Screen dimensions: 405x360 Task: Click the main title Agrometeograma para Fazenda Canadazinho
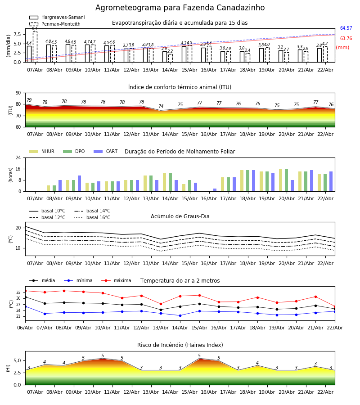coord(180,8)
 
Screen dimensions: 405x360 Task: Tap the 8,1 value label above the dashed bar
coord(35,29)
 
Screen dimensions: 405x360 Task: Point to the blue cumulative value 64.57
coord(346,28)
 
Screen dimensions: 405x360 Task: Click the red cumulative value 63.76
coord(346,39)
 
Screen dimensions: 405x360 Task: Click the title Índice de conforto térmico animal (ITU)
coord(180,87)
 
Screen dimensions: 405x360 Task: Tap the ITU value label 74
coord(161,107)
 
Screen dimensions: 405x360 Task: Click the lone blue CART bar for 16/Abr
coord(215,190)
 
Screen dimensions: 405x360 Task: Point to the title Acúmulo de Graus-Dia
coord(180,216)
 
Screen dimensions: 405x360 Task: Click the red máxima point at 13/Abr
coord(161,304)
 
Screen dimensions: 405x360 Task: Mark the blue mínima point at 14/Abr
coord(180,315)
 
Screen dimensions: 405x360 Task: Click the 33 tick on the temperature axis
coord(18,292)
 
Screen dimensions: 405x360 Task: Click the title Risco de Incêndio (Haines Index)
coord(180,345)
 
